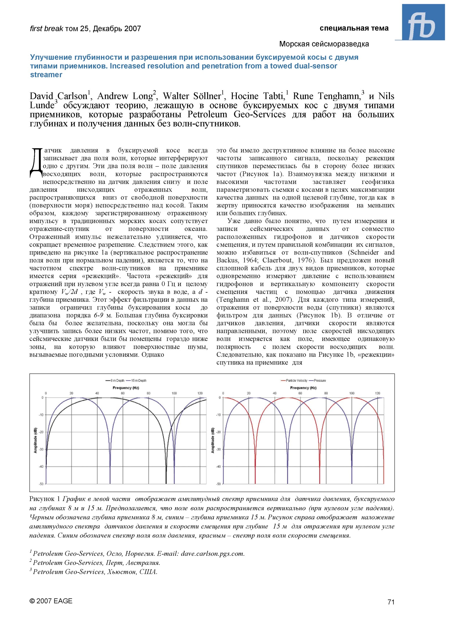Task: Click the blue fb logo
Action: (x=423, y=23)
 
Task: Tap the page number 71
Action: (x=391, y=602)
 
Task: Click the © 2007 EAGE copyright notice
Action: (x=51, y=601)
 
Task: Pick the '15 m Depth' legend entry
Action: (x=139, y=380)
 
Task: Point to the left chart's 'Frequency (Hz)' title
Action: (x=126, y=388)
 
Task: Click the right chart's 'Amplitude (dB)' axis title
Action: (x=212, y=440)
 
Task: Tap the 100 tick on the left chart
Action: (x=174, y=393)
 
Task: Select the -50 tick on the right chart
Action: (x=219, y=484)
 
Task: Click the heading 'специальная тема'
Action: (x=354, y=28)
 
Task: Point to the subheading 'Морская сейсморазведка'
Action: (x=324, y=44)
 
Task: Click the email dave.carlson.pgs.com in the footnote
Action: (x=212, y=554)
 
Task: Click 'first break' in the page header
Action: (x=46, y=28)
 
